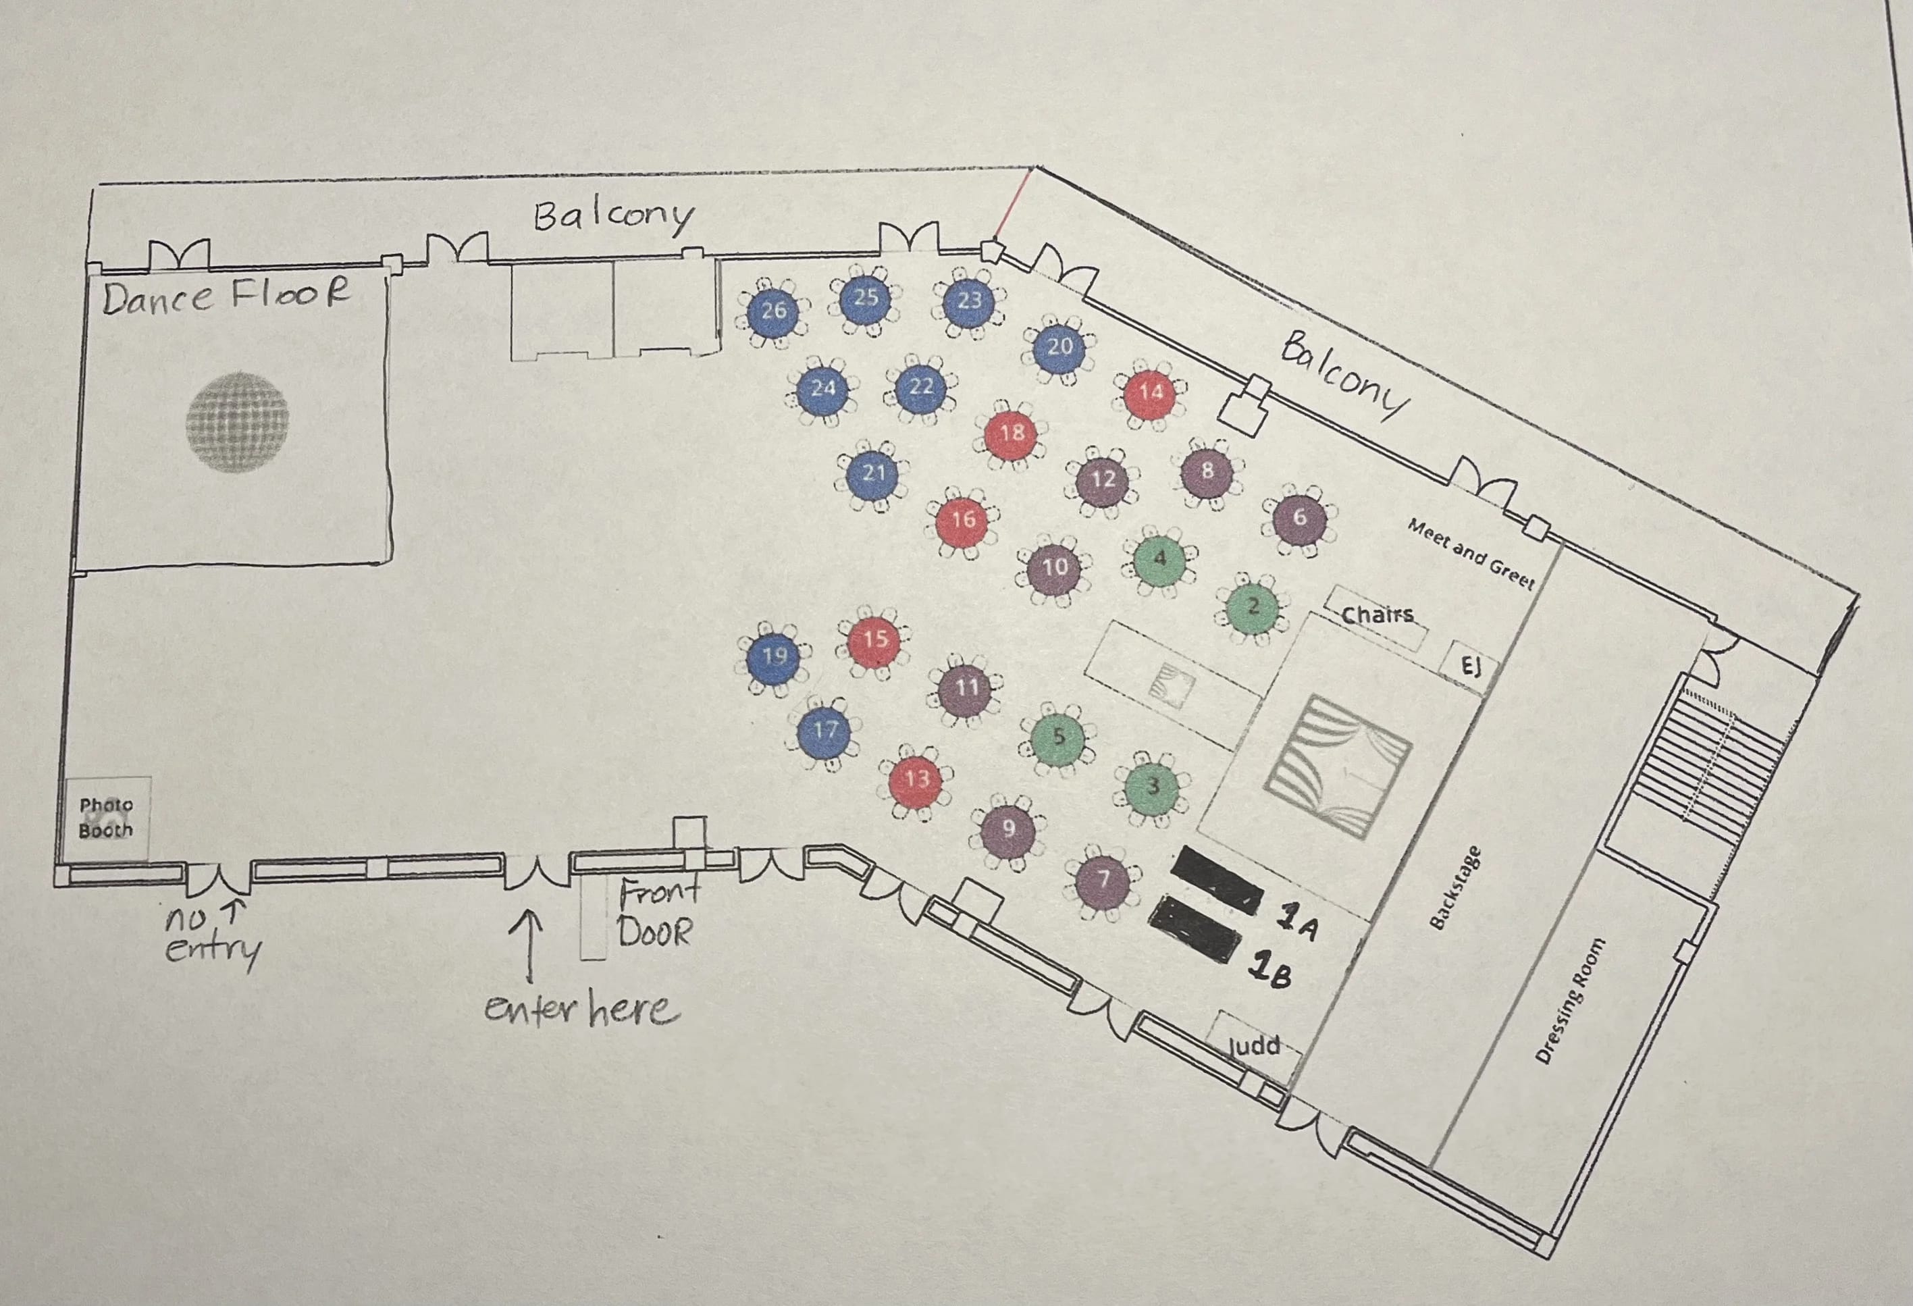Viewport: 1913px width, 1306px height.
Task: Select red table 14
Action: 1151,392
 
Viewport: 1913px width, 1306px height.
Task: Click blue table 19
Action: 773,656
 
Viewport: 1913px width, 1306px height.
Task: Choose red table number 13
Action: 916,779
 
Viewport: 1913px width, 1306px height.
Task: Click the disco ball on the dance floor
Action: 237,422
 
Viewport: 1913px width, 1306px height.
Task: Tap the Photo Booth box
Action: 106,817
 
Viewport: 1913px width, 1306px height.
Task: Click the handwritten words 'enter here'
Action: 582,1009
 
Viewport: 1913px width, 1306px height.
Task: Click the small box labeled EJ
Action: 1470,666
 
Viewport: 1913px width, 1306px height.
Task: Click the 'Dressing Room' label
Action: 1570,1000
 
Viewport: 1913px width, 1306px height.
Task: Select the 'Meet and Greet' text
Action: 1470,553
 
